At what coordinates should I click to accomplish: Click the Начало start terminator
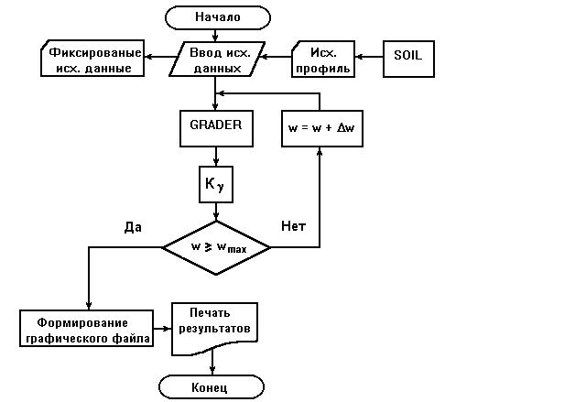pos(217,16)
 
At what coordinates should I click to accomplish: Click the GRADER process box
pos(216,127)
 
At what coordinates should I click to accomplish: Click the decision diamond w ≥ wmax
pos(216,247)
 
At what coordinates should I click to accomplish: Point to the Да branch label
pos(132,226)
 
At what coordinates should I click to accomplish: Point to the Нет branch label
pos(292,226)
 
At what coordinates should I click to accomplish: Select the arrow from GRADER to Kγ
pos(216,156)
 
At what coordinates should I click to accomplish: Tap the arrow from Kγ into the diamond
pos(216,212)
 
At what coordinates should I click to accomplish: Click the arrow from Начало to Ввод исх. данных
pos(216,35)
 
